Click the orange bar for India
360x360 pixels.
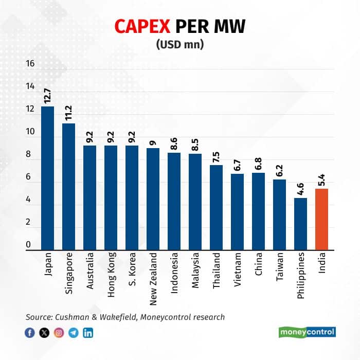coord(321,219)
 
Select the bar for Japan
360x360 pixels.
coord(47,178)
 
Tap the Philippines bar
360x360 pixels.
coord(300,224)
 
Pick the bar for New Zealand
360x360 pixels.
coord(153,199)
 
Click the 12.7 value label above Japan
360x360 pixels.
coord(47,96)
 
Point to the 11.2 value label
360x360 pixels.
coord(68,113)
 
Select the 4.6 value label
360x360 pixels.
coord(300,189)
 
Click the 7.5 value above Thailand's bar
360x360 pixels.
coord(216,157)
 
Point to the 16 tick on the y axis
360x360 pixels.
coord(30,64)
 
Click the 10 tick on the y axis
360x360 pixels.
coord(30,132)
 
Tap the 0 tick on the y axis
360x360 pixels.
coord(28,245)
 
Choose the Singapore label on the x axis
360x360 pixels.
coord(68,273)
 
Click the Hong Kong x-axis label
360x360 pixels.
coord(111,275)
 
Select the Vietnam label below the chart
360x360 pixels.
coord(238,270)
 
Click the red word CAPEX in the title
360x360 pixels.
coord(142,26)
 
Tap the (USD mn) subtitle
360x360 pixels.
coord(180,44)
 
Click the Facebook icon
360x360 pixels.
coord(30,332)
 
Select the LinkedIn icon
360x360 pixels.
coord(88,332)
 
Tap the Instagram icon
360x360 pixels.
coord(59,332)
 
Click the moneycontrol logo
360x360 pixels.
coord(307,332)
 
